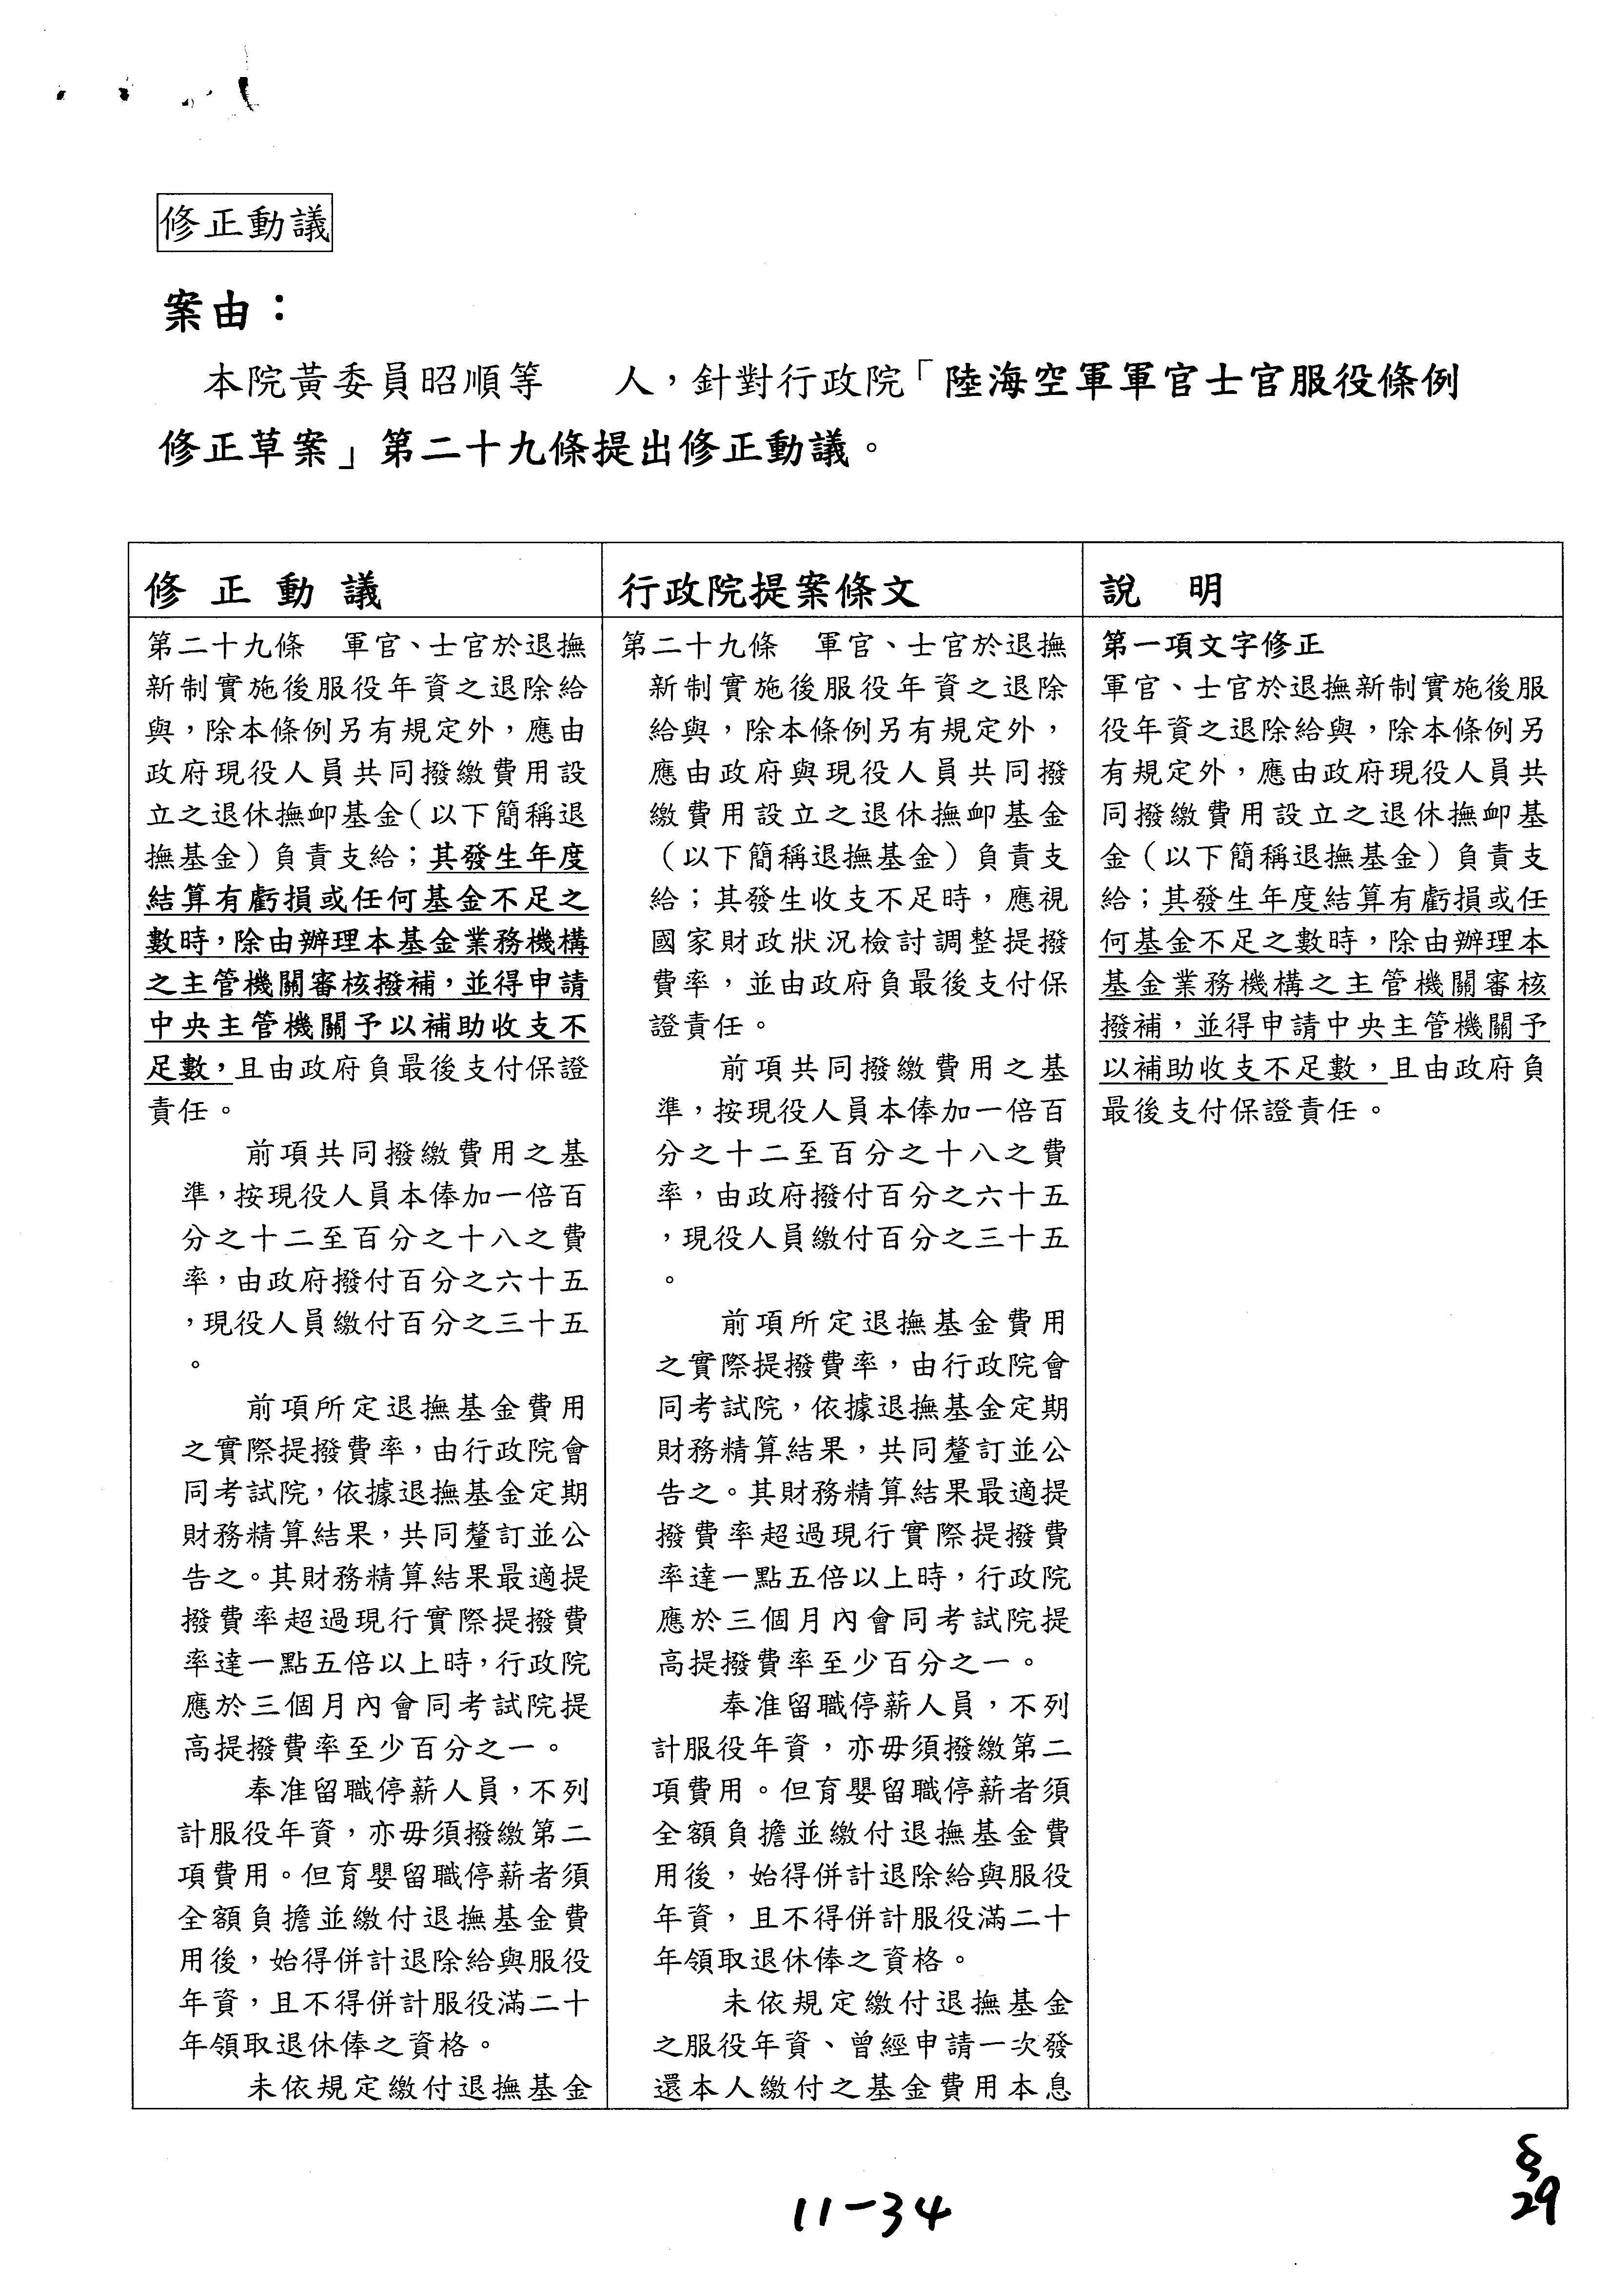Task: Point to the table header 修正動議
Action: (263, 591)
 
